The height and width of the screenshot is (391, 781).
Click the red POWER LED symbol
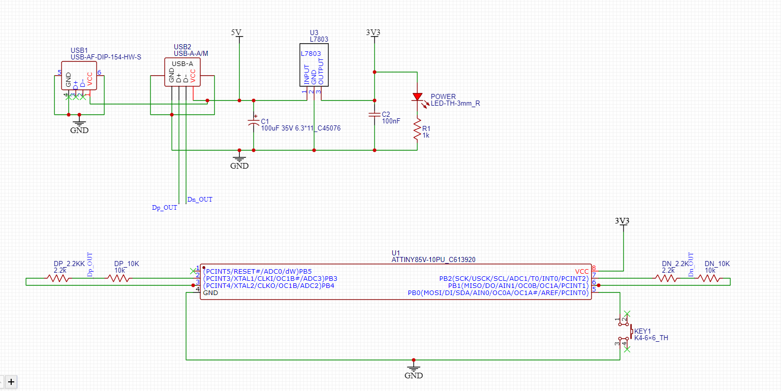[417, 96]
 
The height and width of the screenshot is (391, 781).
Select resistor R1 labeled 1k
[417, 129]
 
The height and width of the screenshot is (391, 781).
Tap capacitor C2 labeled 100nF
[374, 115]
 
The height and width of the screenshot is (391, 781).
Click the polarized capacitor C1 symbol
[254, 122]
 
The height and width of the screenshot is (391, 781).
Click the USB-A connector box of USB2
[182, 72]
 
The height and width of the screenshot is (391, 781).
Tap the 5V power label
[236, 32]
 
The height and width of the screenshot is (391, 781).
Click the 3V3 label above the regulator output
[373, 32]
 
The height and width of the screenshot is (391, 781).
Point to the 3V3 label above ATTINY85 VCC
[622, 221]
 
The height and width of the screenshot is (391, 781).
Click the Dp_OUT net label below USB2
[165, 208]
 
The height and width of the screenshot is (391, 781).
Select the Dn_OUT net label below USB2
[200, 200]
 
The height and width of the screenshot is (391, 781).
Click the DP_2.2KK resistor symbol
[59, 278]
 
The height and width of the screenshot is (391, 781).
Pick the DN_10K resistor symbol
[708, 278]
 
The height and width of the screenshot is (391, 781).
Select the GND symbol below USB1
[79, 125]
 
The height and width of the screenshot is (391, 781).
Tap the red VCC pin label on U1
[582, 271]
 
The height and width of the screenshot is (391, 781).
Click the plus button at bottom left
[11, 381]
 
